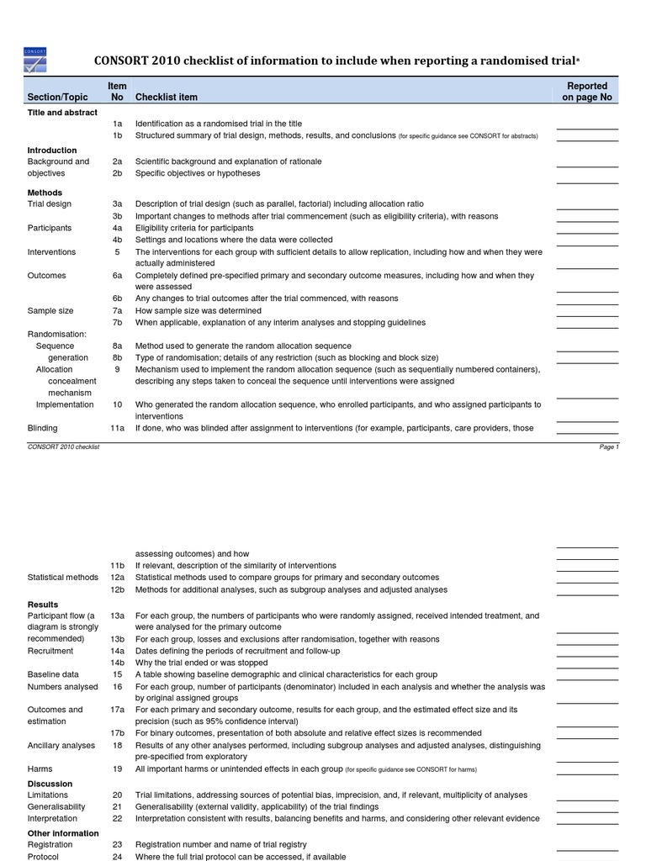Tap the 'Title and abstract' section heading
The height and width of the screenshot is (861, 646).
(x=62, y=113)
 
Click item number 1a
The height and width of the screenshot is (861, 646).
(x=118, y=124)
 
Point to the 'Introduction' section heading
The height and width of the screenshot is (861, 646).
(x=52, y=151)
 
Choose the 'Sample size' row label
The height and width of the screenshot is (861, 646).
(x=50, y=311)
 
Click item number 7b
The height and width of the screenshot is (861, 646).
(x=118, y=323)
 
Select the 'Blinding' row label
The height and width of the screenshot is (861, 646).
(x=43, y=428)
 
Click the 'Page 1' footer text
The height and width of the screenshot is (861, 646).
(x=609, y=447)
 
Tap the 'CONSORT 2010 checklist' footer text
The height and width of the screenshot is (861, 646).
(x=64, y=447)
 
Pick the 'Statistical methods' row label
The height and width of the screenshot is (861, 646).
(x=63, y=578)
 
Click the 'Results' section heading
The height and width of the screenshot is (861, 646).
(x=43, y=605)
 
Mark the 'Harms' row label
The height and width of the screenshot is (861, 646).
(x=40, y=769)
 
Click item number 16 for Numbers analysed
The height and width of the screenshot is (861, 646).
(x=118, y=687)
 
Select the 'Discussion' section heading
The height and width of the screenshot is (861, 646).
(x=50, y=784)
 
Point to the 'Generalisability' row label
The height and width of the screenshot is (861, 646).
(x=58, y=806)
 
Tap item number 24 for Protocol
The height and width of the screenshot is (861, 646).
(x=118, y=856)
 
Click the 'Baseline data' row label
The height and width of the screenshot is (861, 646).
(x=54, y=674)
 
